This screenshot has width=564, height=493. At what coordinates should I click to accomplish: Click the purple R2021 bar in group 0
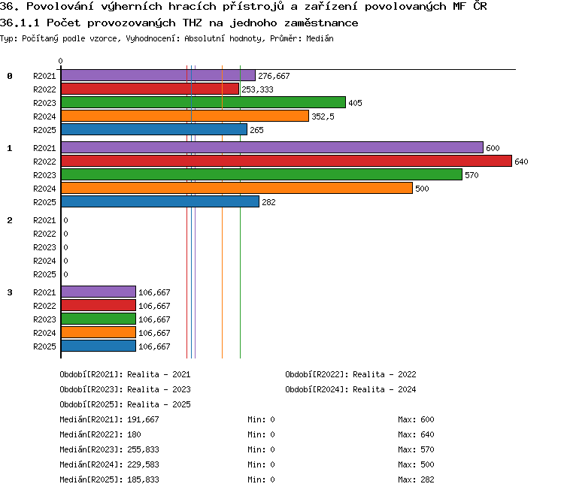click(x=158, y=75)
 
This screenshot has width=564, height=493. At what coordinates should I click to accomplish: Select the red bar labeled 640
click(x=287, y=161)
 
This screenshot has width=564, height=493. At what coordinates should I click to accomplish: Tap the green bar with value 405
click(x=203, y=102)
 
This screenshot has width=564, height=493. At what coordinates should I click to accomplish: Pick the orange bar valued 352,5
click(x=185, y=116)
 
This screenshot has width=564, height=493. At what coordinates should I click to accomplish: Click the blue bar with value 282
click(x=160, y=201)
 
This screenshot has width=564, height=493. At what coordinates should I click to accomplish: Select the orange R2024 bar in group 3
click(x=99, y=333)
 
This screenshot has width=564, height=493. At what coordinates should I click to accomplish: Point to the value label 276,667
click(x=274, y=76)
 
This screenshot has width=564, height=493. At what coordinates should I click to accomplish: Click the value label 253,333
click(x=257, y=89)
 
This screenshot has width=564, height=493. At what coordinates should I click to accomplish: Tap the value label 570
click(x=472, y=175)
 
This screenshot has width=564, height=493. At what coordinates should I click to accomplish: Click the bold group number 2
click(x=10, y=220)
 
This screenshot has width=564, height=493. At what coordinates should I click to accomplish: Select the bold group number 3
click(x=10, y=292)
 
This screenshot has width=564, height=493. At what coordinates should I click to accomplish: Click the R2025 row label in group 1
click(x=44, y=202)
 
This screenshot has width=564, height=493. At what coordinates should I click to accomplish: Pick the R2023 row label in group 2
click(x=44, y=247)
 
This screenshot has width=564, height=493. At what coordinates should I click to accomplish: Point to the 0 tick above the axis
click(x=60, y=61)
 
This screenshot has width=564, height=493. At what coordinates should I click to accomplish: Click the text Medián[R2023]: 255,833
click(x=109, y=449)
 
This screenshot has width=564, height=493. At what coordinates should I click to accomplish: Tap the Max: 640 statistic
click(x=416, y=434)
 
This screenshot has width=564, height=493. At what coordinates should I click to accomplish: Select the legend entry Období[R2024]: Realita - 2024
click(x=350, y=389)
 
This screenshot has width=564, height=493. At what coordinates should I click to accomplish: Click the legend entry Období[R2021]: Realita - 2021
click(x=125, y=374)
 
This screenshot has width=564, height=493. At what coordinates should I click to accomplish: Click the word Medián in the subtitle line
click(x=320, y=38)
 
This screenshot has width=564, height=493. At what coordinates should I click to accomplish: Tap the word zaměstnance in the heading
click(x=321, y=23)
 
